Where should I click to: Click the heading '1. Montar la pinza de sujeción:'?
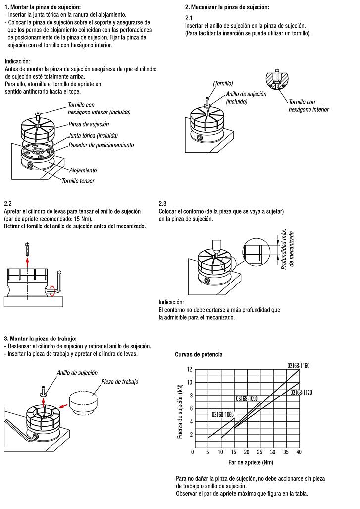coord(42,7)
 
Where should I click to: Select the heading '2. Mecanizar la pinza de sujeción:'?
coord(227,7)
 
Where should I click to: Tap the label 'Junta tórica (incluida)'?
coord(93,135)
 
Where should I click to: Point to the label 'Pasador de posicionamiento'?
coord(101,145)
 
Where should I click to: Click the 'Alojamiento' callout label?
coord(83,170)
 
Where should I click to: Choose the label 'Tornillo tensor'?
coord(78,181)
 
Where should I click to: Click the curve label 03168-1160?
coord(298,366)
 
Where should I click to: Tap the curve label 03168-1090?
coord(247,398)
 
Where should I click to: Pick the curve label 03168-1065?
coord(222,414)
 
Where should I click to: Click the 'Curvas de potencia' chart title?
coord(199,354)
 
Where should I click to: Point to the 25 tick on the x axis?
coord(259,452)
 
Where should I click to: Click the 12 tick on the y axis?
coord(189,369)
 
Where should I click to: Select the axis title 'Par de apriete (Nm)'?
coord(251,462)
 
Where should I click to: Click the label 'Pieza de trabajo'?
coord(119,382)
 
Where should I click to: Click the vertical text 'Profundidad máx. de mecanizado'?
coord(288,250)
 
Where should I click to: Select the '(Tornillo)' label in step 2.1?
coord(223,83)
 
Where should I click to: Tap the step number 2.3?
coord(163,204)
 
